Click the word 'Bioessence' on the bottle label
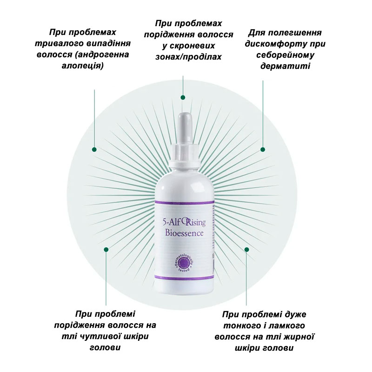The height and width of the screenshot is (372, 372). coord(184,233)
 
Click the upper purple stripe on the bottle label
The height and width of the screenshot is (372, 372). coord(184,202)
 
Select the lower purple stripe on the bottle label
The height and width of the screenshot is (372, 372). coord(184,278)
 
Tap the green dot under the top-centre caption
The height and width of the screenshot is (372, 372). coord(183,97)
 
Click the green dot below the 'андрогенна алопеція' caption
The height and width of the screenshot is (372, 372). coord(94,149)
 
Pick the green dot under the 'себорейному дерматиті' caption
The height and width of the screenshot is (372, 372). coord(263,149)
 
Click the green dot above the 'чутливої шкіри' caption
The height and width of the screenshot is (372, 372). coord(106,250)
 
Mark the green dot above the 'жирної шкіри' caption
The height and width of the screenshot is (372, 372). coord(247,250)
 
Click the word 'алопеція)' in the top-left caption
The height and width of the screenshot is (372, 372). coord(83,66)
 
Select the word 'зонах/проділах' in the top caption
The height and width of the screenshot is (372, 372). coord(188,57)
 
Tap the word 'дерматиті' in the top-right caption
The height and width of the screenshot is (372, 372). coord(285,66)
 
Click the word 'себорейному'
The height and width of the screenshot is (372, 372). coord(285,54)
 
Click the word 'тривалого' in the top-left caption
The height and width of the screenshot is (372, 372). coord(60,43)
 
